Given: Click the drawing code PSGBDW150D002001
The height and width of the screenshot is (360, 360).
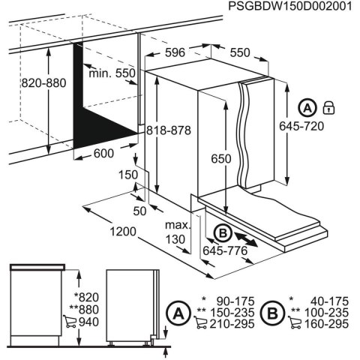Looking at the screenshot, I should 291,7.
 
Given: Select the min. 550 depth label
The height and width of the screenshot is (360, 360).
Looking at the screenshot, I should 109,73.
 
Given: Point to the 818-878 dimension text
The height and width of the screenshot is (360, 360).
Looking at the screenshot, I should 169,129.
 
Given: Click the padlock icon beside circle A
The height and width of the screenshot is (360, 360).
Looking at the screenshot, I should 327,106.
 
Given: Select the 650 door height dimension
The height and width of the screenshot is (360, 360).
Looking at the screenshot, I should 220,159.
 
